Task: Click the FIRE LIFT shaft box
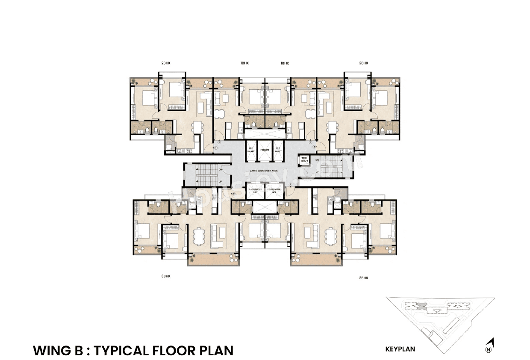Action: [x=265, y=150]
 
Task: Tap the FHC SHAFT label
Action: [x=305, y=159]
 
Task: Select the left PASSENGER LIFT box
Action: [x=255, y=191]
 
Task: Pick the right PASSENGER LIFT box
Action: [x=274, y=191]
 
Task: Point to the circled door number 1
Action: [x=216, y=148]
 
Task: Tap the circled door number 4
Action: [x=314, y=147]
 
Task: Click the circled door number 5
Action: [x=290, y=185]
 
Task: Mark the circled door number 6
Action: [x=234, y=194]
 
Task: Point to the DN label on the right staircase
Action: [x=317, y=160]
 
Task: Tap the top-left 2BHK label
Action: [x=166, y=63]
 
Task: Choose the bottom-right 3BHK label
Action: [x=363, y=277]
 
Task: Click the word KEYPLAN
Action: [x=400, y=349]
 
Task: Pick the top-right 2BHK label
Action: [x=363, y=63]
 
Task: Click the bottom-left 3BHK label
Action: [x=166, y=276]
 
